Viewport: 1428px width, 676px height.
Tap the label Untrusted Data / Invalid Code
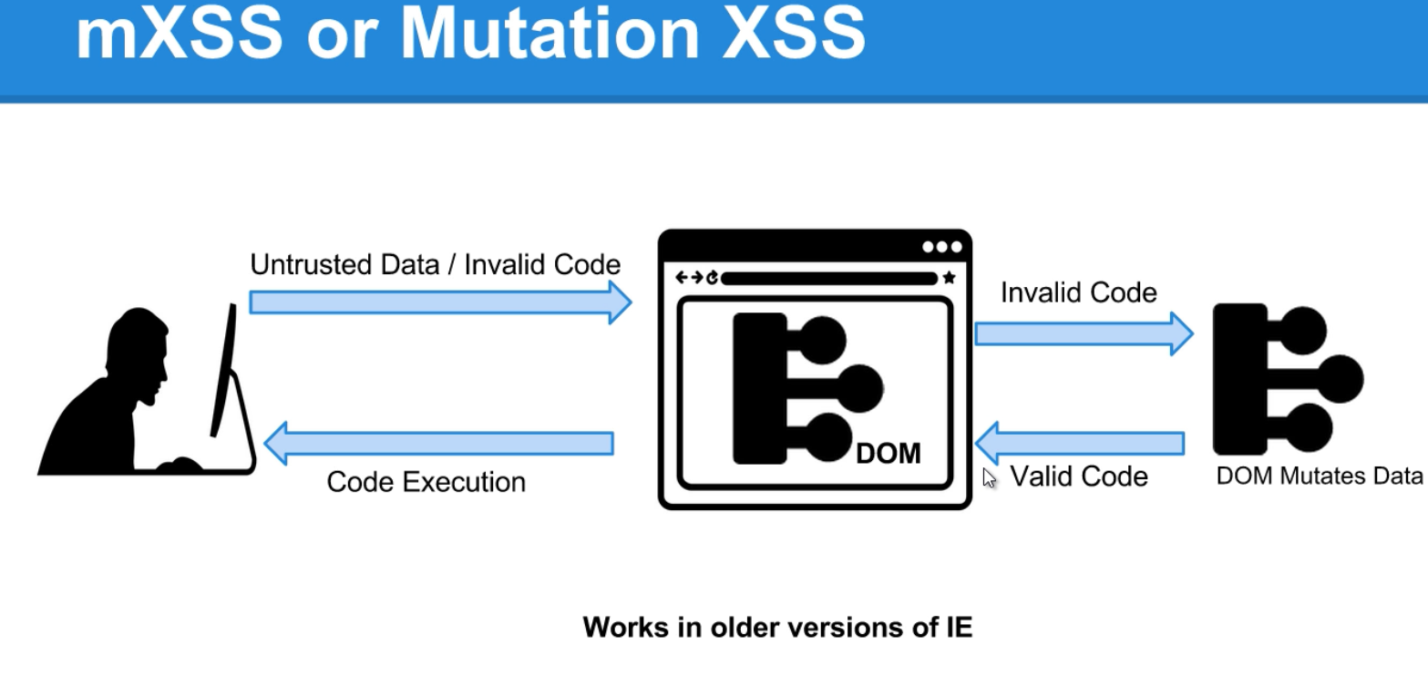pyautogui.click(x=436, y=264)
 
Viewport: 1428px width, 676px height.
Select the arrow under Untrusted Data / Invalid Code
pyautogui.click(x=440, y=302)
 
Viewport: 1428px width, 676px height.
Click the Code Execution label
pyautogui.click(x=426, y=482)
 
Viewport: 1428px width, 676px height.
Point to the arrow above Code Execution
pyautogui.click(x=438, y=444)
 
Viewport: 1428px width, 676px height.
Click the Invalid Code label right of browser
pyautogui.click(x=1079, y=292)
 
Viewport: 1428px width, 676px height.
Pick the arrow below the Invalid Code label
pyautogui.click(x=1084, y=333)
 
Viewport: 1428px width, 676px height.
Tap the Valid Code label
pyautogui.click(x=1079, y=476)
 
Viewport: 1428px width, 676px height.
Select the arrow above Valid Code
pyautogui.click(x=1080, y=444)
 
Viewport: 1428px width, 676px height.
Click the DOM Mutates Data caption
pyautogui.click(x=1320, y=476)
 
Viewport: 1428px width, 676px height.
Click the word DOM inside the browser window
pyautogui.click(x=889, y=454)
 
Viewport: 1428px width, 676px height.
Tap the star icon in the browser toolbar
pyautogui.click(x=950, y=277)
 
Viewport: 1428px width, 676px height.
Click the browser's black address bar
pyautogui.click(x=829, y=279)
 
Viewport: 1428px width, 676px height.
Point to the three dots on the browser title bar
pyautogui.click(x=942, y=247)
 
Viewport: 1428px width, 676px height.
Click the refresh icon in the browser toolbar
pyautogui.click(x=712, y=278)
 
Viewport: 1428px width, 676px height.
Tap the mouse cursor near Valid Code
pyautogui.click(x=989, y=478)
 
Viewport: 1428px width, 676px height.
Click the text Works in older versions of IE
pyautogui.click(x=777, y=628)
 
